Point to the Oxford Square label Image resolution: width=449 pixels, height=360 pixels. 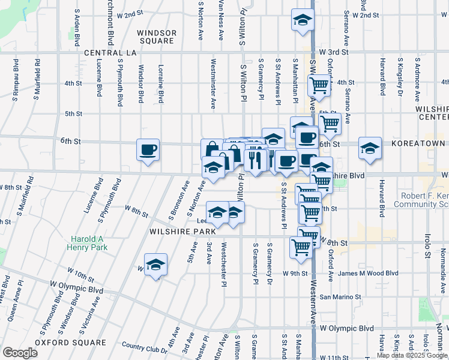pos(70,343)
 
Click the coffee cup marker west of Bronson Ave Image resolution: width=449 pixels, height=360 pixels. pos(148,150)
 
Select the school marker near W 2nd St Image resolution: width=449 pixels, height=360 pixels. pos(303,19)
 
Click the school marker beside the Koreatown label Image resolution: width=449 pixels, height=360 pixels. pos(370,148)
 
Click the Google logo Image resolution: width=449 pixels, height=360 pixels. pos(20,352)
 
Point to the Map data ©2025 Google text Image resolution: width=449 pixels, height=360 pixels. pos(412,355)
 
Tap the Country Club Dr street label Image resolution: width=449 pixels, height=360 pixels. pos(145,346)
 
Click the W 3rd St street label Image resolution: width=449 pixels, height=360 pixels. pos(334,52)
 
